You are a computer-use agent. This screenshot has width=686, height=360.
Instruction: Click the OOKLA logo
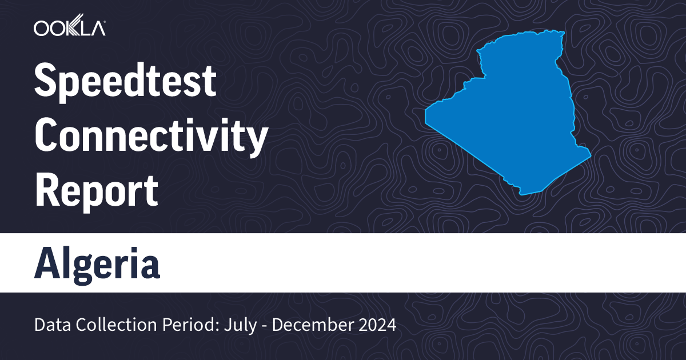[69, 27]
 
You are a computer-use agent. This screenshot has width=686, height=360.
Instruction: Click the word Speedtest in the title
[125, 82]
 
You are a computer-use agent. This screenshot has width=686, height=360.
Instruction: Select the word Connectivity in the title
[151, 137]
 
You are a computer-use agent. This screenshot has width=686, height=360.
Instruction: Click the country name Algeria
[97, 263]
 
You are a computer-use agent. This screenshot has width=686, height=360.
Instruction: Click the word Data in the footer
[50, 325]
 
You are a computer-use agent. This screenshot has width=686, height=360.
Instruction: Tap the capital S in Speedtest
[46, 82]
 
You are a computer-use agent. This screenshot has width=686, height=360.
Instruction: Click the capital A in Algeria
[47, 263]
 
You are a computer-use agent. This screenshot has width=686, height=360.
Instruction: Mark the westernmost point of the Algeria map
[426, 114]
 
